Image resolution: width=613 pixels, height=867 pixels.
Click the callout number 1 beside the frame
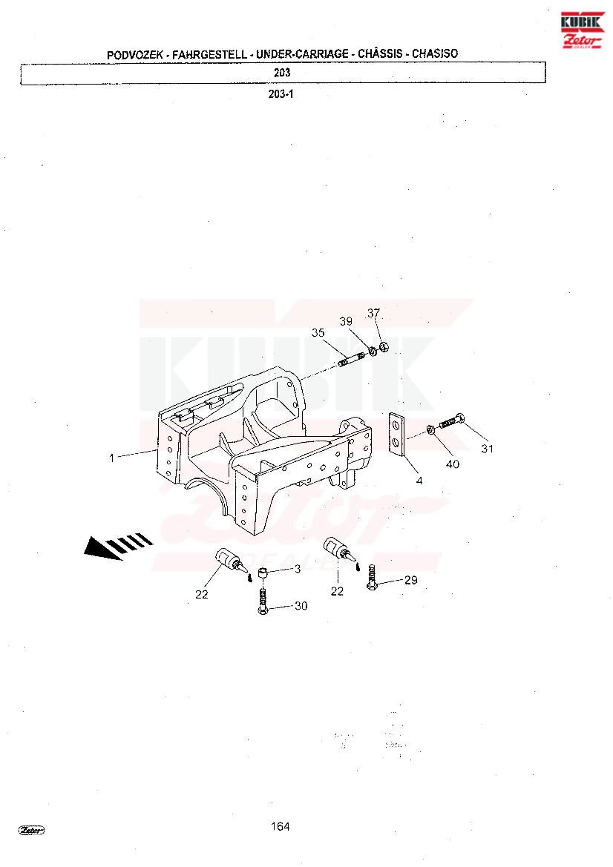tap(112, 458)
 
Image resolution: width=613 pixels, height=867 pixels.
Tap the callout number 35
tap(318, 332)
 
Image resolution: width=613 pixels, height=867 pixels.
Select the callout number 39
tap(346, 321)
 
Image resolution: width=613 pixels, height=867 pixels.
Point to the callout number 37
tap(374, 313)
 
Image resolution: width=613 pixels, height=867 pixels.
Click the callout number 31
tap(487, 449)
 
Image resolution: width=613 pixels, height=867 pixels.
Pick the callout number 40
tap(453, 464)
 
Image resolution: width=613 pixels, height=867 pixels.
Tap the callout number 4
tap(419, 481)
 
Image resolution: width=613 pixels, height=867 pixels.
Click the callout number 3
tap(298, 568)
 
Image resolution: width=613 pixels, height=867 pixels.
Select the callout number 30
tap(301, 606)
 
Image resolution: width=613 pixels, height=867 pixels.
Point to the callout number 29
tap(411, 580)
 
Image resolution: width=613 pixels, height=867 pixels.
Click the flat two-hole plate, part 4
tap(397, 435)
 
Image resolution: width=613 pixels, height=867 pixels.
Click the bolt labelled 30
tap(263, 601)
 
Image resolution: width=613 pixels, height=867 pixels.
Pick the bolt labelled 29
tap(372, 577)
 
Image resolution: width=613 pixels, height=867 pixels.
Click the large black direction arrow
tap(119, 545)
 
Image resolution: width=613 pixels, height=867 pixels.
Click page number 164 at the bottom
tap(281, 826)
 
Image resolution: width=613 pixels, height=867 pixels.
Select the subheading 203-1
tap(281, 94)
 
